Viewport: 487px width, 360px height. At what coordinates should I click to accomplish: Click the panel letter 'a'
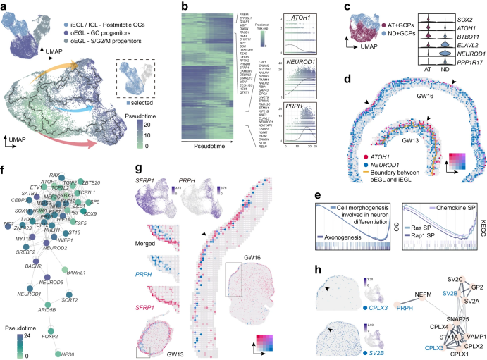click(4, 6)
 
